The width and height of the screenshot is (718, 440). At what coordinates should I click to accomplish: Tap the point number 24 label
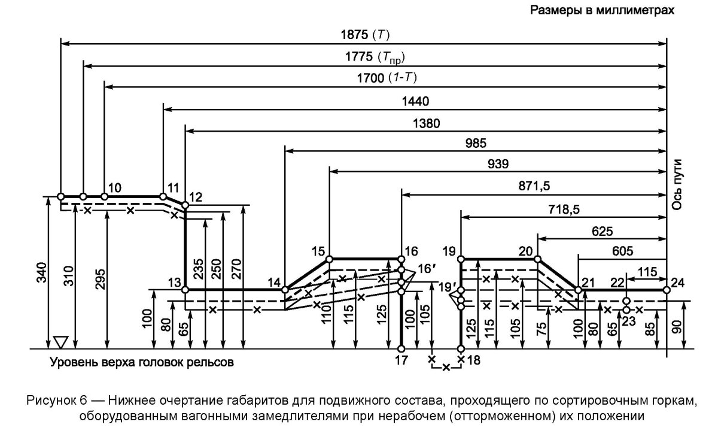tap(679, 282)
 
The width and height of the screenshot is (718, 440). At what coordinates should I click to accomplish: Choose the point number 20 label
tap(527, 251)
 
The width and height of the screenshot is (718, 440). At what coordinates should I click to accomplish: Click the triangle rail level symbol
tap(60, 342)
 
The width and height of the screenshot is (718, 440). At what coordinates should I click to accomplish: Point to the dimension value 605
tap(622, 251)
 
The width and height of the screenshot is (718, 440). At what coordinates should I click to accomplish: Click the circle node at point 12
tap(185, 205)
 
